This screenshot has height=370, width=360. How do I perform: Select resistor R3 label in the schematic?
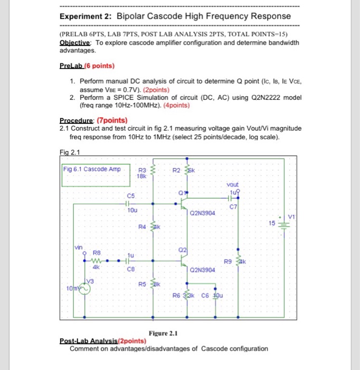click(x=141, y=170)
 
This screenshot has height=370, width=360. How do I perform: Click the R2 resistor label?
click(x=177, y=170)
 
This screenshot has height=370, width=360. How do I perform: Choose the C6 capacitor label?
click(x=206, y=295)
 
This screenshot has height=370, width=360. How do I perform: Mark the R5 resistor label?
click(x=141, y=284)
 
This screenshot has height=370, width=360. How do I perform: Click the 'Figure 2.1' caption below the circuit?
click(x=164, y=334)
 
